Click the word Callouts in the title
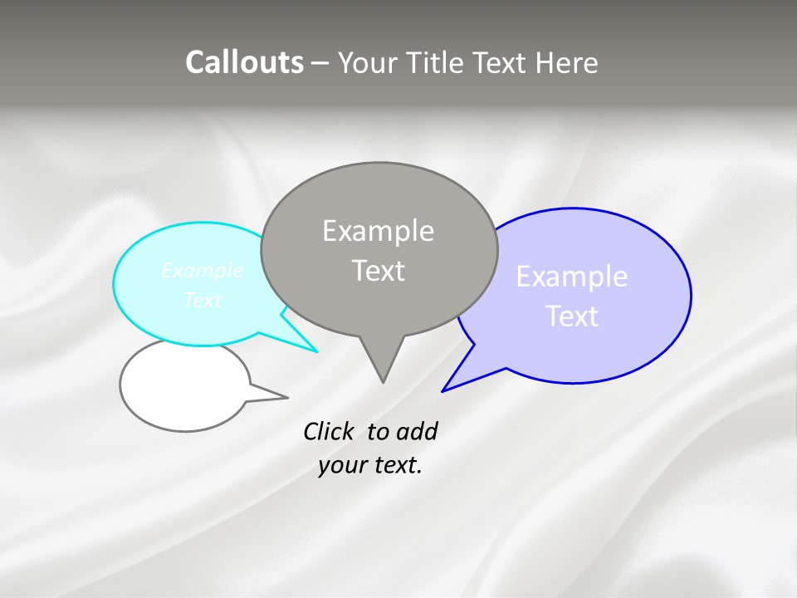click(x=244, y=62)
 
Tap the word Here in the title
click(x=566, y=62)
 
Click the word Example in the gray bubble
click(x=378, y=231)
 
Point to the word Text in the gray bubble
click(x=378, y=271)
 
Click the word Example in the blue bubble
click(x=572, y=277)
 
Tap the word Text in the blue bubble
click(x=572, y=316)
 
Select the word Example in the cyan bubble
click(x=203, y=271)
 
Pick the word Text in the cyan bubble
click(x=203, y=301)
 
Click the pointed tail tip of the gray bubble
click(x=383, y=382)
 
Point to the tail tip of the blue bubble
click(x=443, y=390)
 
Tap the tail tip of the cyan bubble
click(x=317, y=351)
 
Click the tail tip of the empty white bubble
click(x=287, y=397)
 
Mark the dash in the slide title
click(x=322, y=63)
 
